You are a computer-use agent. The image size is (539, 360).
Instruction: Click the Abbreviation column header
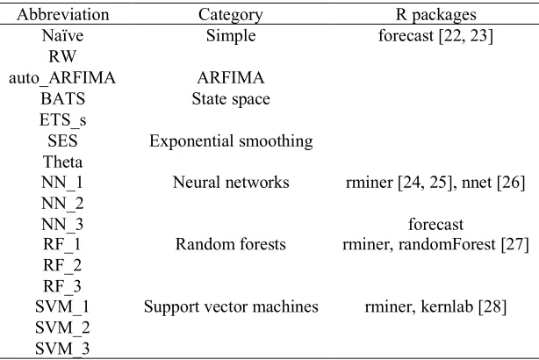(63, 14)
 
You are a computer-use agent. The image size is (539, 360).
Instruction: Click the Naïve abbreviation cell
(62, 35)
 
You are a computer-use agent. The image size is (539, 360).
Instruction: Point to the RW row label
(62, 56)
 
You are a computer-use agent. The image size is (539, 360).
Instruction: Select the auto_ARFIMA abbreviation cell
(62, 78)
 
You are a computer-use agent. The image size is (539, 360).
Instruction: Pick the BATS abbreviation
(62, 98)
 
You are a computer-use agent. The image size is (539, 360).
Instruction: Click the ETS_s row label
(62, 120)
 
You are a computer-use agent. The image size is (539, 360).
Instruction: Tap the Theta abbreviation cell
(62, 162)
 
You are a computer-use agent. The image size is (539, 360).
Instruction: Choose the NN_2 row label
(62, 204)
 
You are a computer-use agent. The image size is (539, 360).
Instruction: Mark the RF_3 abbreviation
(62, 286)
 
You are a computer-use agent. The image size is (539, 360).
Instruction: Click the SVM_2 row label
(62, 328)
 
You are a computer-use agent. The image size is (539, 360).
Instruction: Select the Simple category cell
(231, 36)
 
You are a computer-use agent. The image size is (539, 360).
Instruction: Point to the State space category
(231, 99)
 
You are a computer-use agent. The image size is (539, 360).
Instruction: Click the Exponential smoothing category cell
(231, 141)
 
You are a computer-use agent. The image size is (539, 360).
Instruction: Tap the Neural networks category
(231, 183)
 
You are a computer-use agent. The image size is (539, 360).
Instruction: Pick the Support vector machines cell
(231, 306)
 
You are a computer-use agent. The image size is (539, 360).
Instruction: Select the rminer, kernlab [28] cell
(435, 306)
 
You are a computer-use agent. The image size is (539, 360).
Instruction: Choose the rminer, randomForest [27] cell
(435, 244)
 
